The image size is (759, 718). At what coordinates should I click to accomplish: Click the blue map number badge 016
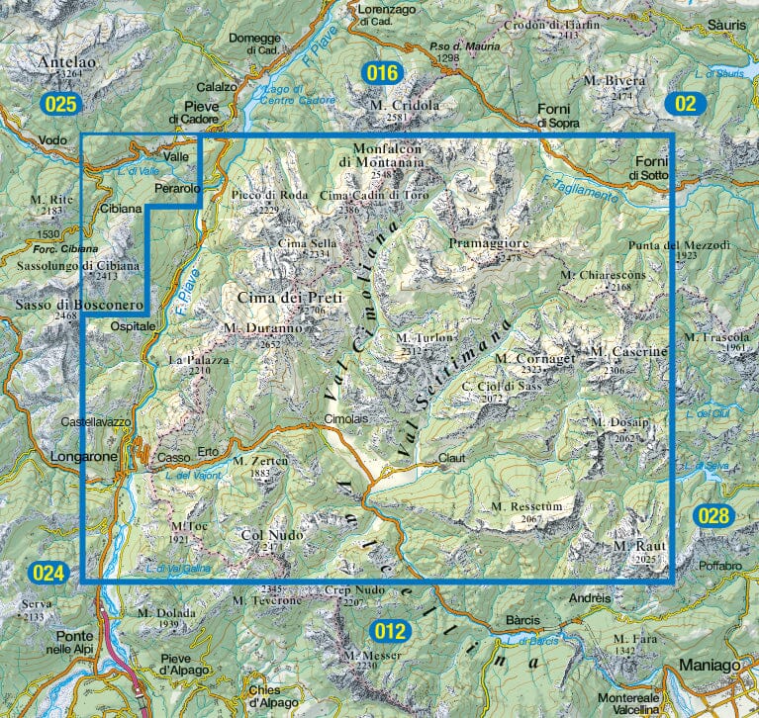tap(380, 72)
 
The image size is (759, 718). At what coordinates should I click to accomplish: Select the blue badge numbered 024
tap(47, 573)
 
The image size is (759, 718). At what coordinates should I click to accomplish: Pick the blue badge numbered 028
tap(712, 515)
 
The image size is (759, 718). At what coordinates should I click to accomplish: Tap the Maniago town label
tap(708, 667)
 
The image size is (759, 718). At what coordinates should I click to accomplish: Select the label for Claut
tap(451, 459)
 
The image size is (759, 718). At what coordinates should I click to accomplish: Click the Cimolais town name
tap(345, 419)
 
